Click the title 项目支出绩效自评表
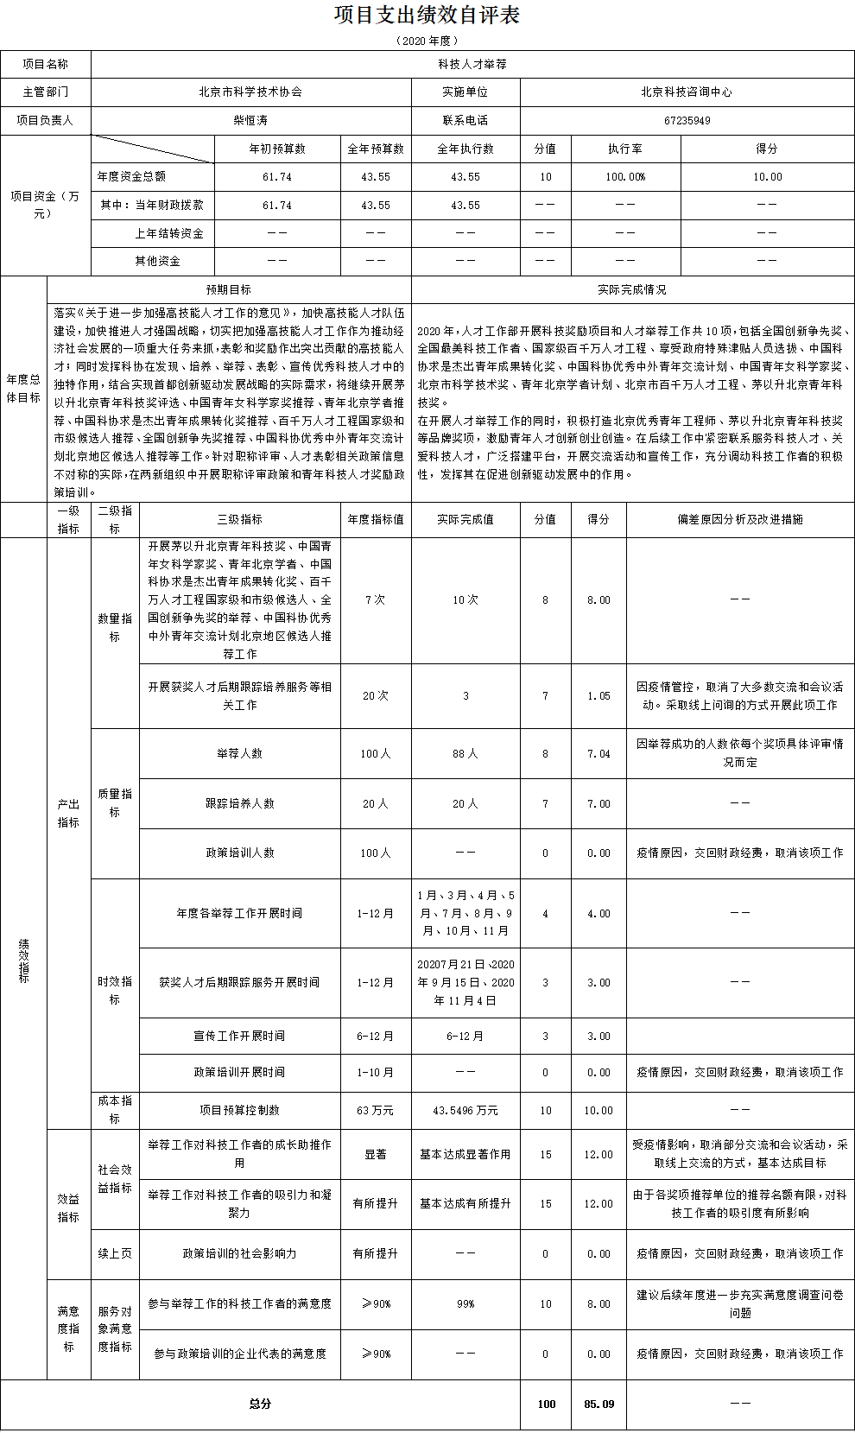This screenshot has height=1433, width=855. [427, 16]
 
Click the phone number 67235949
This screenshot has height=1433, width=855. [687, 120]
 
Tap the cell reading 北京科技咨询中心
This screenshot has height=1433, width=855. [687, 92]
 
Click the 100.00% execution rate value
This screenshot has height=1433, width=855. [625, 177]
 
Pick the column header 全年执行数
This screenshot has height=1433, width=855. [465, 149]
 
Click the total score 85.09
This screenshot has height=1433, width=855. [598, 1404]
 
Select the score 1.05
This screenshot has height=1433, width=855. [598, 696]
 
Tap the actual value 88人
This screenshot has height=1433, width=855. [465, 754]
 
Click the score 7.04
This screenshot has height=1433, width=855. [598, 754]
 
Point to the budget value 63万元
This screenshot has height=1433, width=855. [375, 1110]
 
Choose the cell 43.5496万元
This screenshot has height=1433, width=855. [465, 1110]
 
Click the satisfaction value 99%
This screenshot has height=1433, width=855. [465, 1303]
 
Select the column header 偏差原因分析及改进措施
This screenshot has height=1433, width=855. [740, 519]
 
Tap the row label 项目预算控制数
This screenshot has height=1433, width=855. [239, 1110]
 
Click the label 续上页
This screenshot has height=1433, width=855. [114, 1253]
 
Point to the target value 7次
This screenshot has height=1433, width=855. [375, 599]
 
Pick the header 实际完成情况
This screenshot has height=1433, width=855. [632, 289]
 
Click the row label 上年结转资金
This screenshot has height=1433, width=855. [169, 233]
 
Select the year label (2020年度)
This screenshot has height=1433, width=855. [427, 41]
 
